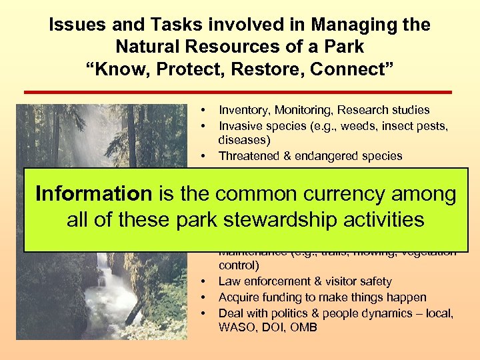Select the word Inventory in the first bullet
click(244, 110)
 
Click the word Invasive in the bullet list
click(241, 126)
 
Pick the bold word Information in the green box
click(93, 194)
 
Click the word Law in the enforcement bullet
click(228, 282)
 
